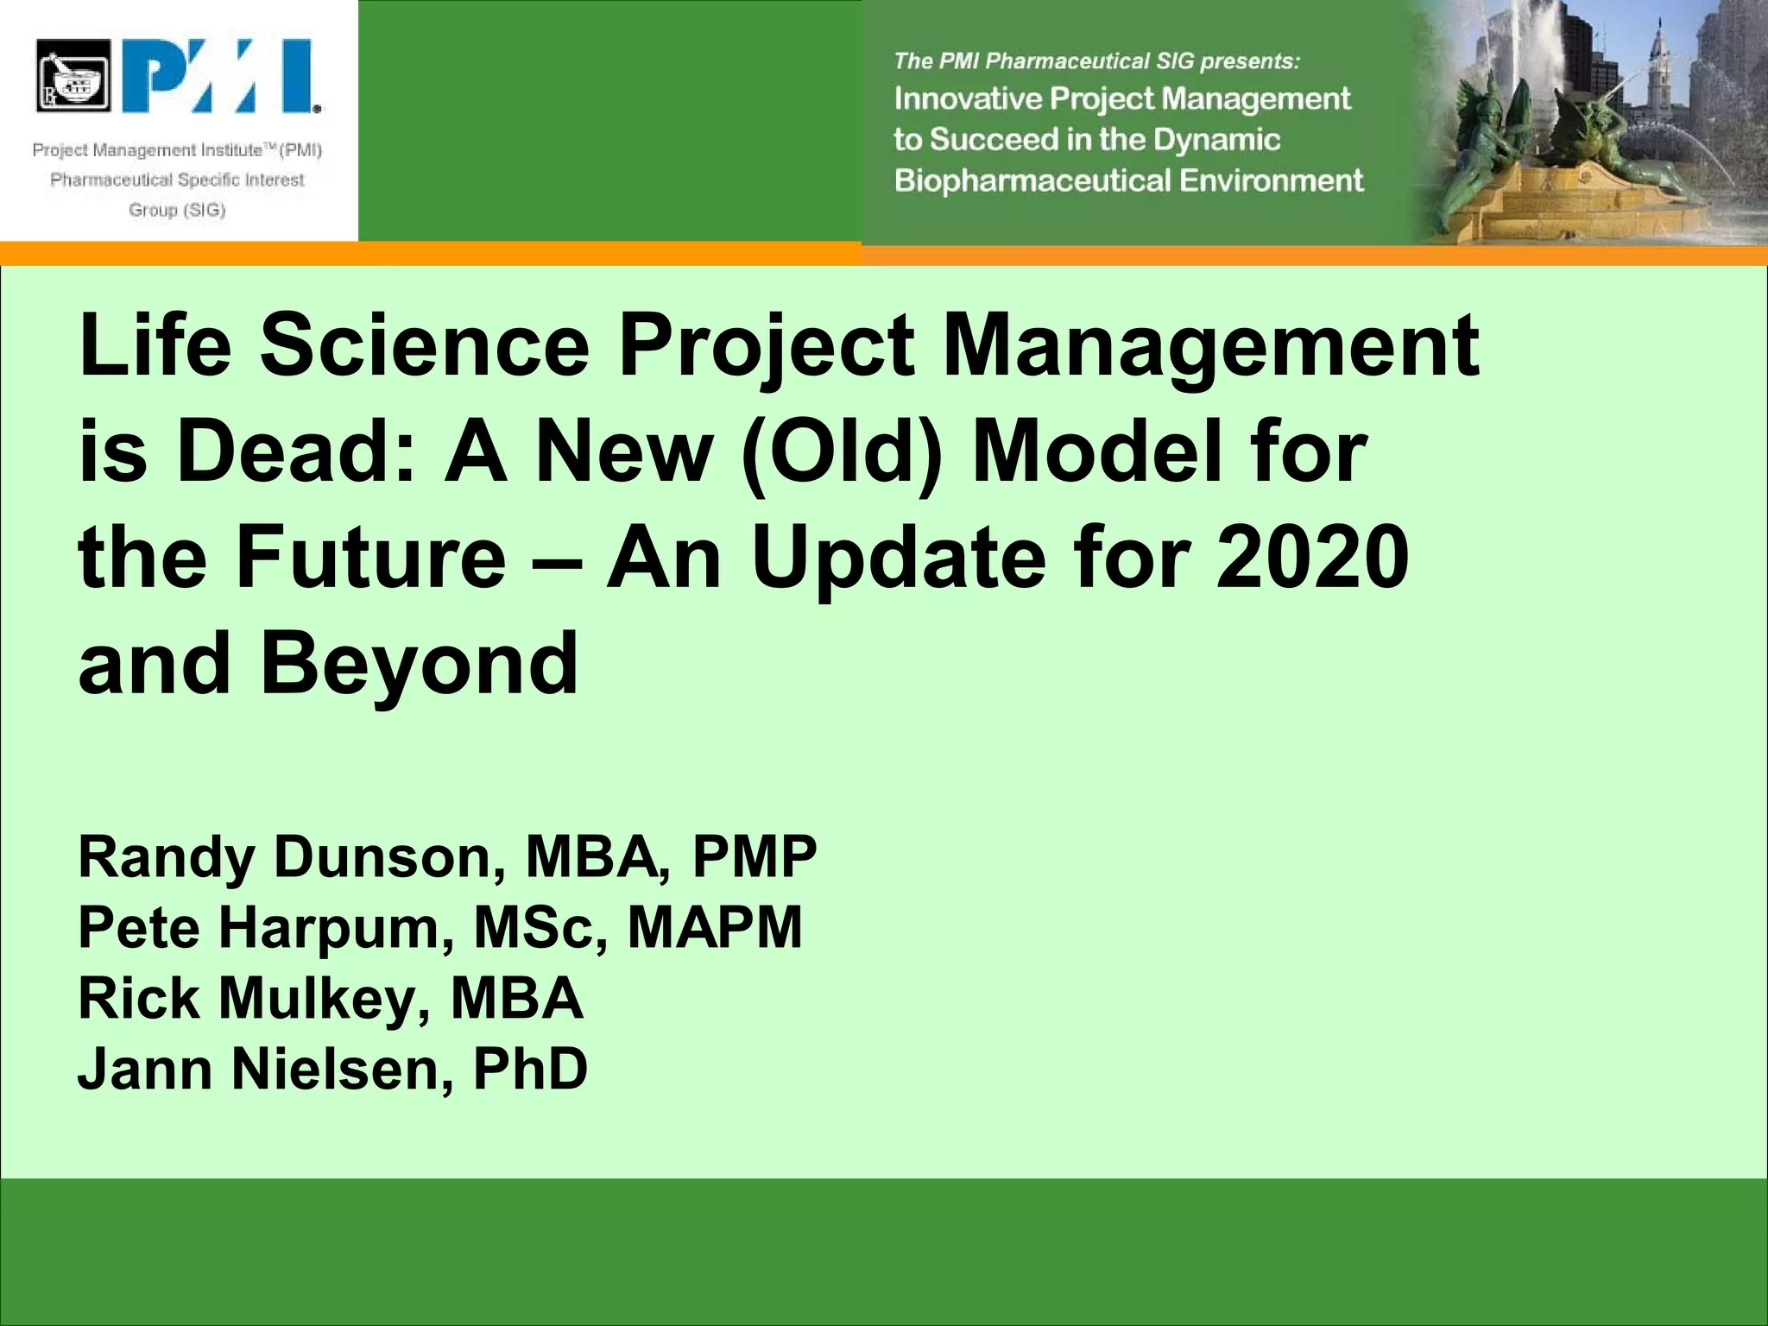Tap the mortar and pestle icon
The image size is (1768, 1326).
point(74,76)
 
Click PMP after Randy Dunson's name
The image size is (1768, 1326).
point(754,856)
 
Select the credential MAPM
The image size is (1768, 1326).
point(715,927)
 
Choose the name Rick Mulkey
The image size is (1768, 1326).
point(255,998)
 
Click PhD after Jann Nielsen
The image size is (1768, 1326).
point(530,1069)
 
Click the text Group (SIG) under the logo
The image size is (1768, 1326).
point(177,210)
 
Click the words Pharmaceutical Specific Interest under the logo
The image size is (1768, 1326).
point(177,180)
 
